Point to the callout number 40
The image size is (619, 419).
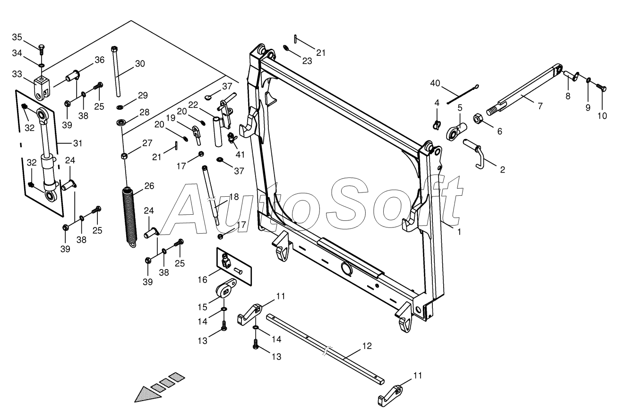[x=435, y=84]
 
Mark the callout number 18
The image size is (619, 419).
[x=234, y=197]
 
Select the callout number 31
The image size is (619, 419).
[x=77, y=143]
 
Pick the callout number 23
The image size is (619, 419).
[x=307, y=61]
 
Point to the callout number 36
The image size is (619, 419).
[x=99, y=60]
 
